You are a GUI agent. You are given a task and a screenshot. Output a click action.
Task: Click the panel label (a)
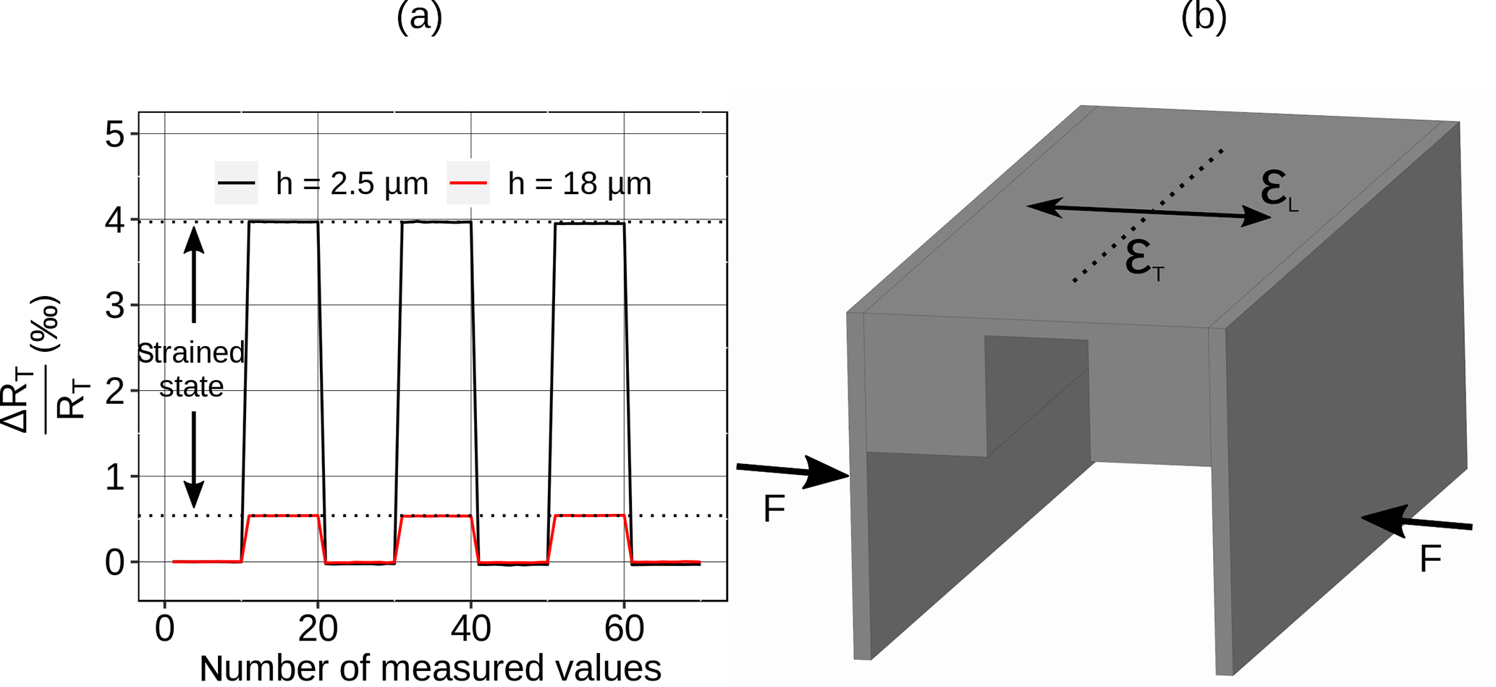[x=419, y=16]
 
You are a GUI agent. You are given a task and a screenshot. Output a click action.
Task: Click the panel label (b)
[x=1203, y=16]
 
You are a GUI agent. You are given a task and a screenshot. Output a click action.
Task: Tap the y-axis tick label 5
[x=115, y=135]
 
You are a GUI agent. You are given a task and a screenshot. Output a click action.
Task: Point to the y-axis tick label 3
[x=115, y=306]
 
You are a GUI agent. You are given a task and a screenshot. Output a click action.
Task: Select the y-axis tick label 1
[x=115, y=478]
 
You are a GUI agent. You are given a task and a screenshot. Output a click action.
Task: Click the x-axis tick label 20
[x=318, y=628]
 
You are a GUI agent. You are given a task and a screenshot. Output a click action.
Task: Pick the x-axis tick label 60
[x=624, y=628]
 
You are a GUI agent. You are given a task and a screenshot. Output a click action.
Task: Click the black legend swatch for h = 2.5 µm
[x=237, y=183]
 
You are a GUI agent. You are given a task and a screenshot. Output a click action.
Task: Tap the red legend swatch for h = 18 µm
[x=468, y=183]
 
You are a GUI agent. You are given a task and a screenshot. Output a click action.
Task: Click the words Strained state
[x=191, y=369]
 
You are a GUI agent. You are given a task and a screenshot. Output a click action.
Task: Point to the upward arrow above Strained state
[x=193, y=271]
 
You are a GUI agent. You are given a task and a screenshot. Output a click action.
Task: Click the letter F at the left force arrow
[x=774, y=509]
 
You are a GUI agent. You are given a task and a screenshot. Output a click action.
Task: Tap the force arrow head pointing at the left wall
[x=829, y=472]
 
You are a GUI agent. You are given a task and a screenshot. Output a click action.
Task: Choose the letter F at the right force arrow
[x=1430, y=559]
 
